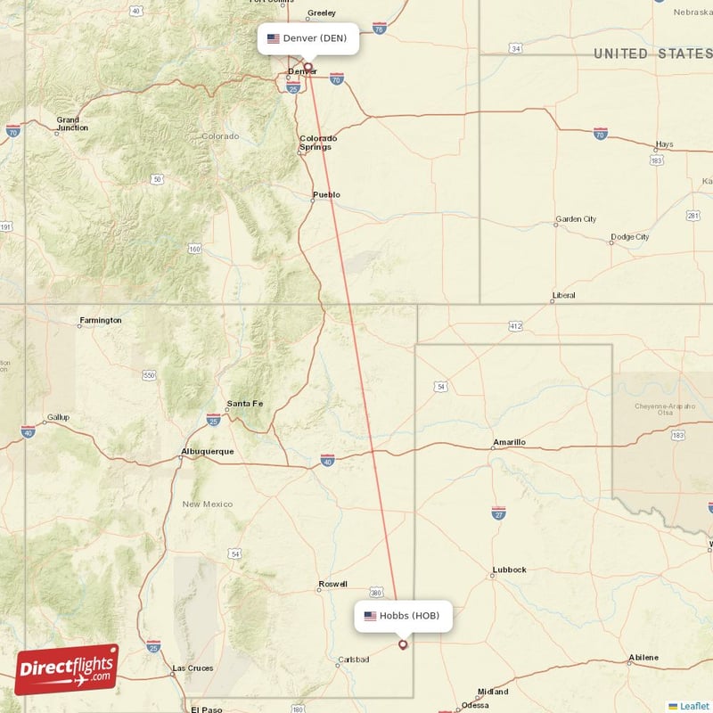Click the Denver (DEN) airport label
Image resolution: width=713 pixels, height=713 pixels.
click(308, 38)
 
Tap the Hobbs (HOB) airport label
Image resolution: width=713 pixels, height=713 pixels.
click(403, 615)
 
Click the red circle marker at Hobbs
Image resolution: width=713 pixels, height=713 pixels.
click(403, 644)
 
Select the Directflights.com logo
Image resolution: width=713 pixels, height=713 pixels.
click(67, 669)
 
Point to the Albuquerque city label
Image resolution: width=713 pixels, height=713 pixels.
click(207, 451)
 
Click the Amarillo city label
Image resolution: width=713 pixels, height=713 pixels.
click(509, 442)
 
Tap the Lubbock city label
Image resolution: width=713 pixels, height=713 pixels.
click(509, 570)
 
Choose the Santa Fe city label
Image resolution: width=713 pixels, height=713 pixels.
click(245, 404)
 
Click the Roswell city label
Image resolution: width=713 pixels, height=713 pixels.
click(332, 585)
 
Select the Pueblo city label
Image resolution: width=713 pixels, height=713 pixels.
click(326, 194)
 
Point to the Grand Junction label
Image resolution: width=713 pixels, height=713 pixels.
click(72, 123)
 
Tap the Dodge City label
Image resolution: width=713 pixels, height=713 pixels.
click(629, 237)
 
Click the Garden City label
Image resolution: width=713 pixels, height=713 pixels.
click(576, 219)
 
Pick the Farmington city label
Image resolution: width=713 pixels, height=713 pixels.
click(101, 320)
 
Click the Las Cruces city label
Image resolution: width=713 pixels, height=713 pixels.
click(193, 668)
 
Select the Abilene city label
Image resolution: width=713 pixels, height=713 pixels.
click(643, 658)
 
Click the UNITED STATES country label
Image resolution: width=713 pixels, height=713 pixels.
click(652, 54)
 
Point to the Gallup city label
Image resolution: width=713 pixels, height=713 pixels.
click(57, 417)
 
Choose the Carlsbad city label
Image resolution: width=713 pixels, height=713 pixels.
click(352, 660)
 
